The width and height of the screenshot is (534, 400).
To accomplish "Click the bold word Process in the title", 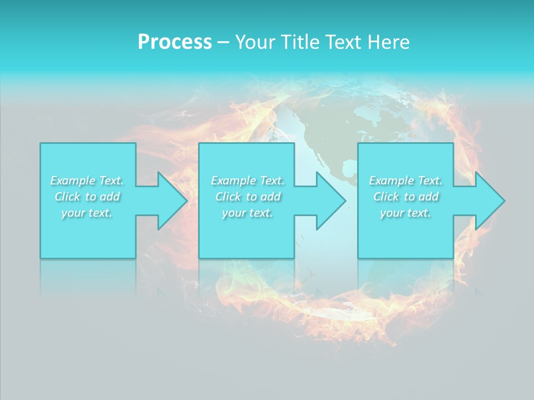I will pos(175,42).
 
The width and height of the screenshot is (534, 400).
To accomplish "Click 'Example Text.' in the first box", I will pos(87,181).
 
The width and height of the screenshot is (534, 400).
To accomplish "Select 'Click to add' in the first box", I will pos(87,197).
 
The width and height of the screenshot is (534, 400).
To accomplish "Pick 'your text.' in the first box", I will pos(87,213).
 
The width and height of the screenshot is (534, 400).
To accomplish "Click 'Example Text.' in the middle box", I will pos(248,181).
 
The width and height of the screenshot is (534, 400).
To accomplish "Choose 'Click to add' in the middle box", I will pos(248,197).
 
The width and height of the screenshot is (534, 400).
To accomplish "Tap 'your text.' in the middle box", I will pos(248,213).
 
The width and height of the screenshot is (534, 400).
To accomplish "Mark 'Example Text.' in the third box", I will pos(406,181).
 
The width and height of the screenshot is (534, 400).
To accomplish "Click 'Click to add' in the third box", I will pos(406,197).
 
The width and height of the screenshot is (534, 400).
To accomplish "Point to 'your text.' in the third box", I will pos(406,213).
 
